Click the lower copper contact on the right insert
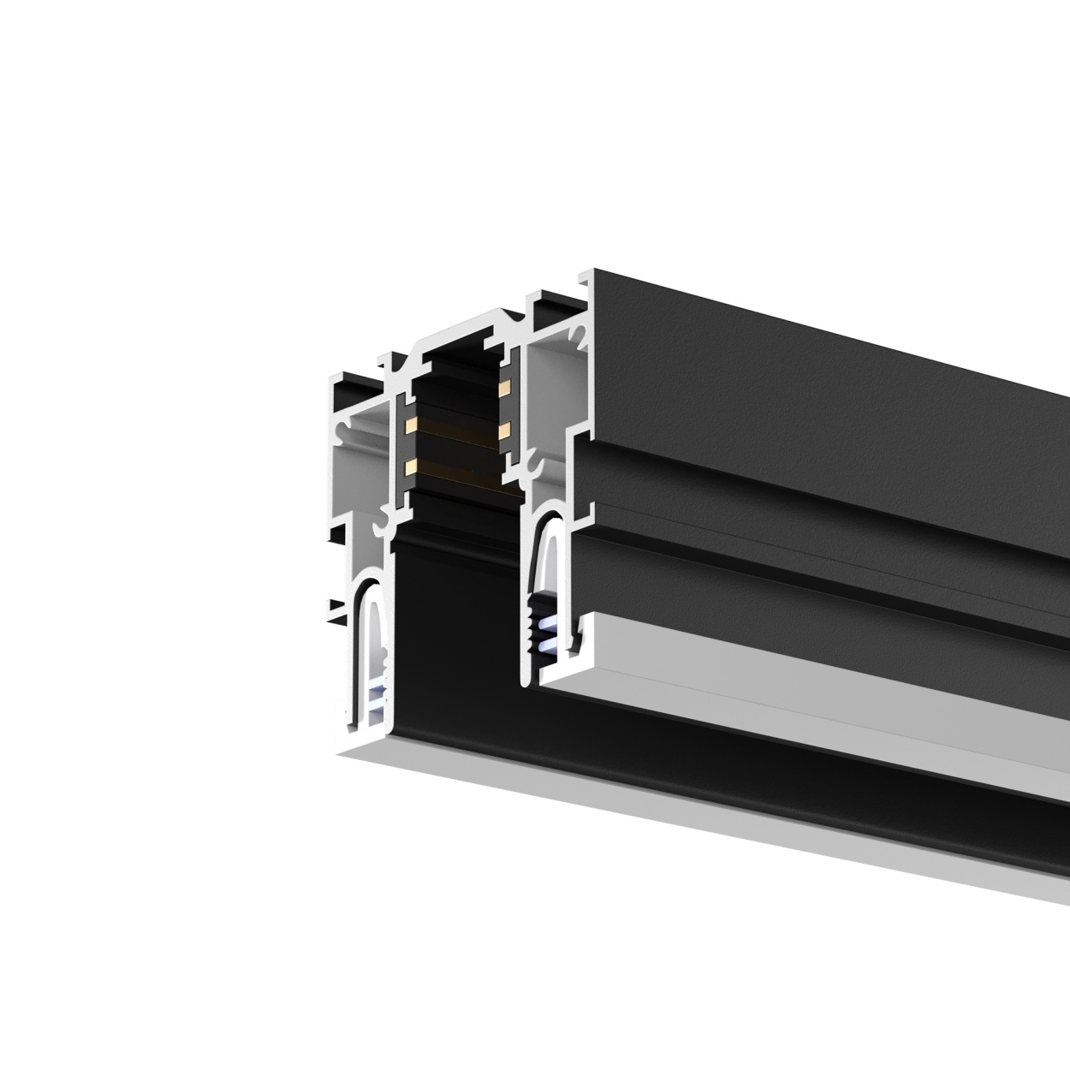pyautogui.click(x=504, y=431)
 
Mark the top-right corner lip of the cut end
pyautogui.click(x=586, y=278)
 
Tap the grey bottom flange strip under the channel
pyautogui.click(x=685, y=813)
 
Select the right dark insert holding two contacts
pyautogui.click(x=508, y=409)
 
